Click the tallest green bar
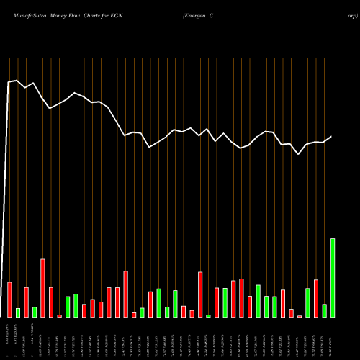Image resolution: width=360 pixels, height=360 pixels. [333, 278]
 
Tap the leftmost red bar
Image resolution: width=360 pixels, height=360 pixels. [9, 300]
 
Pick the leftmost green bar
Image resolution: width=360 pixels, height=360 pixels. [18, 312]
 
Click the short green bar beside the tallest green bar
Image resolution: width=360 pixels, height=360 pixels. [324, 310]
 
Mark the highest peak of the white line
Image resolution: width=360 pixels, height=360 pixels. [17, 81]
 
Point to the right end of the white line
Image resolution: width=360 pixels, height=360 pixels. [332, 136]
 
